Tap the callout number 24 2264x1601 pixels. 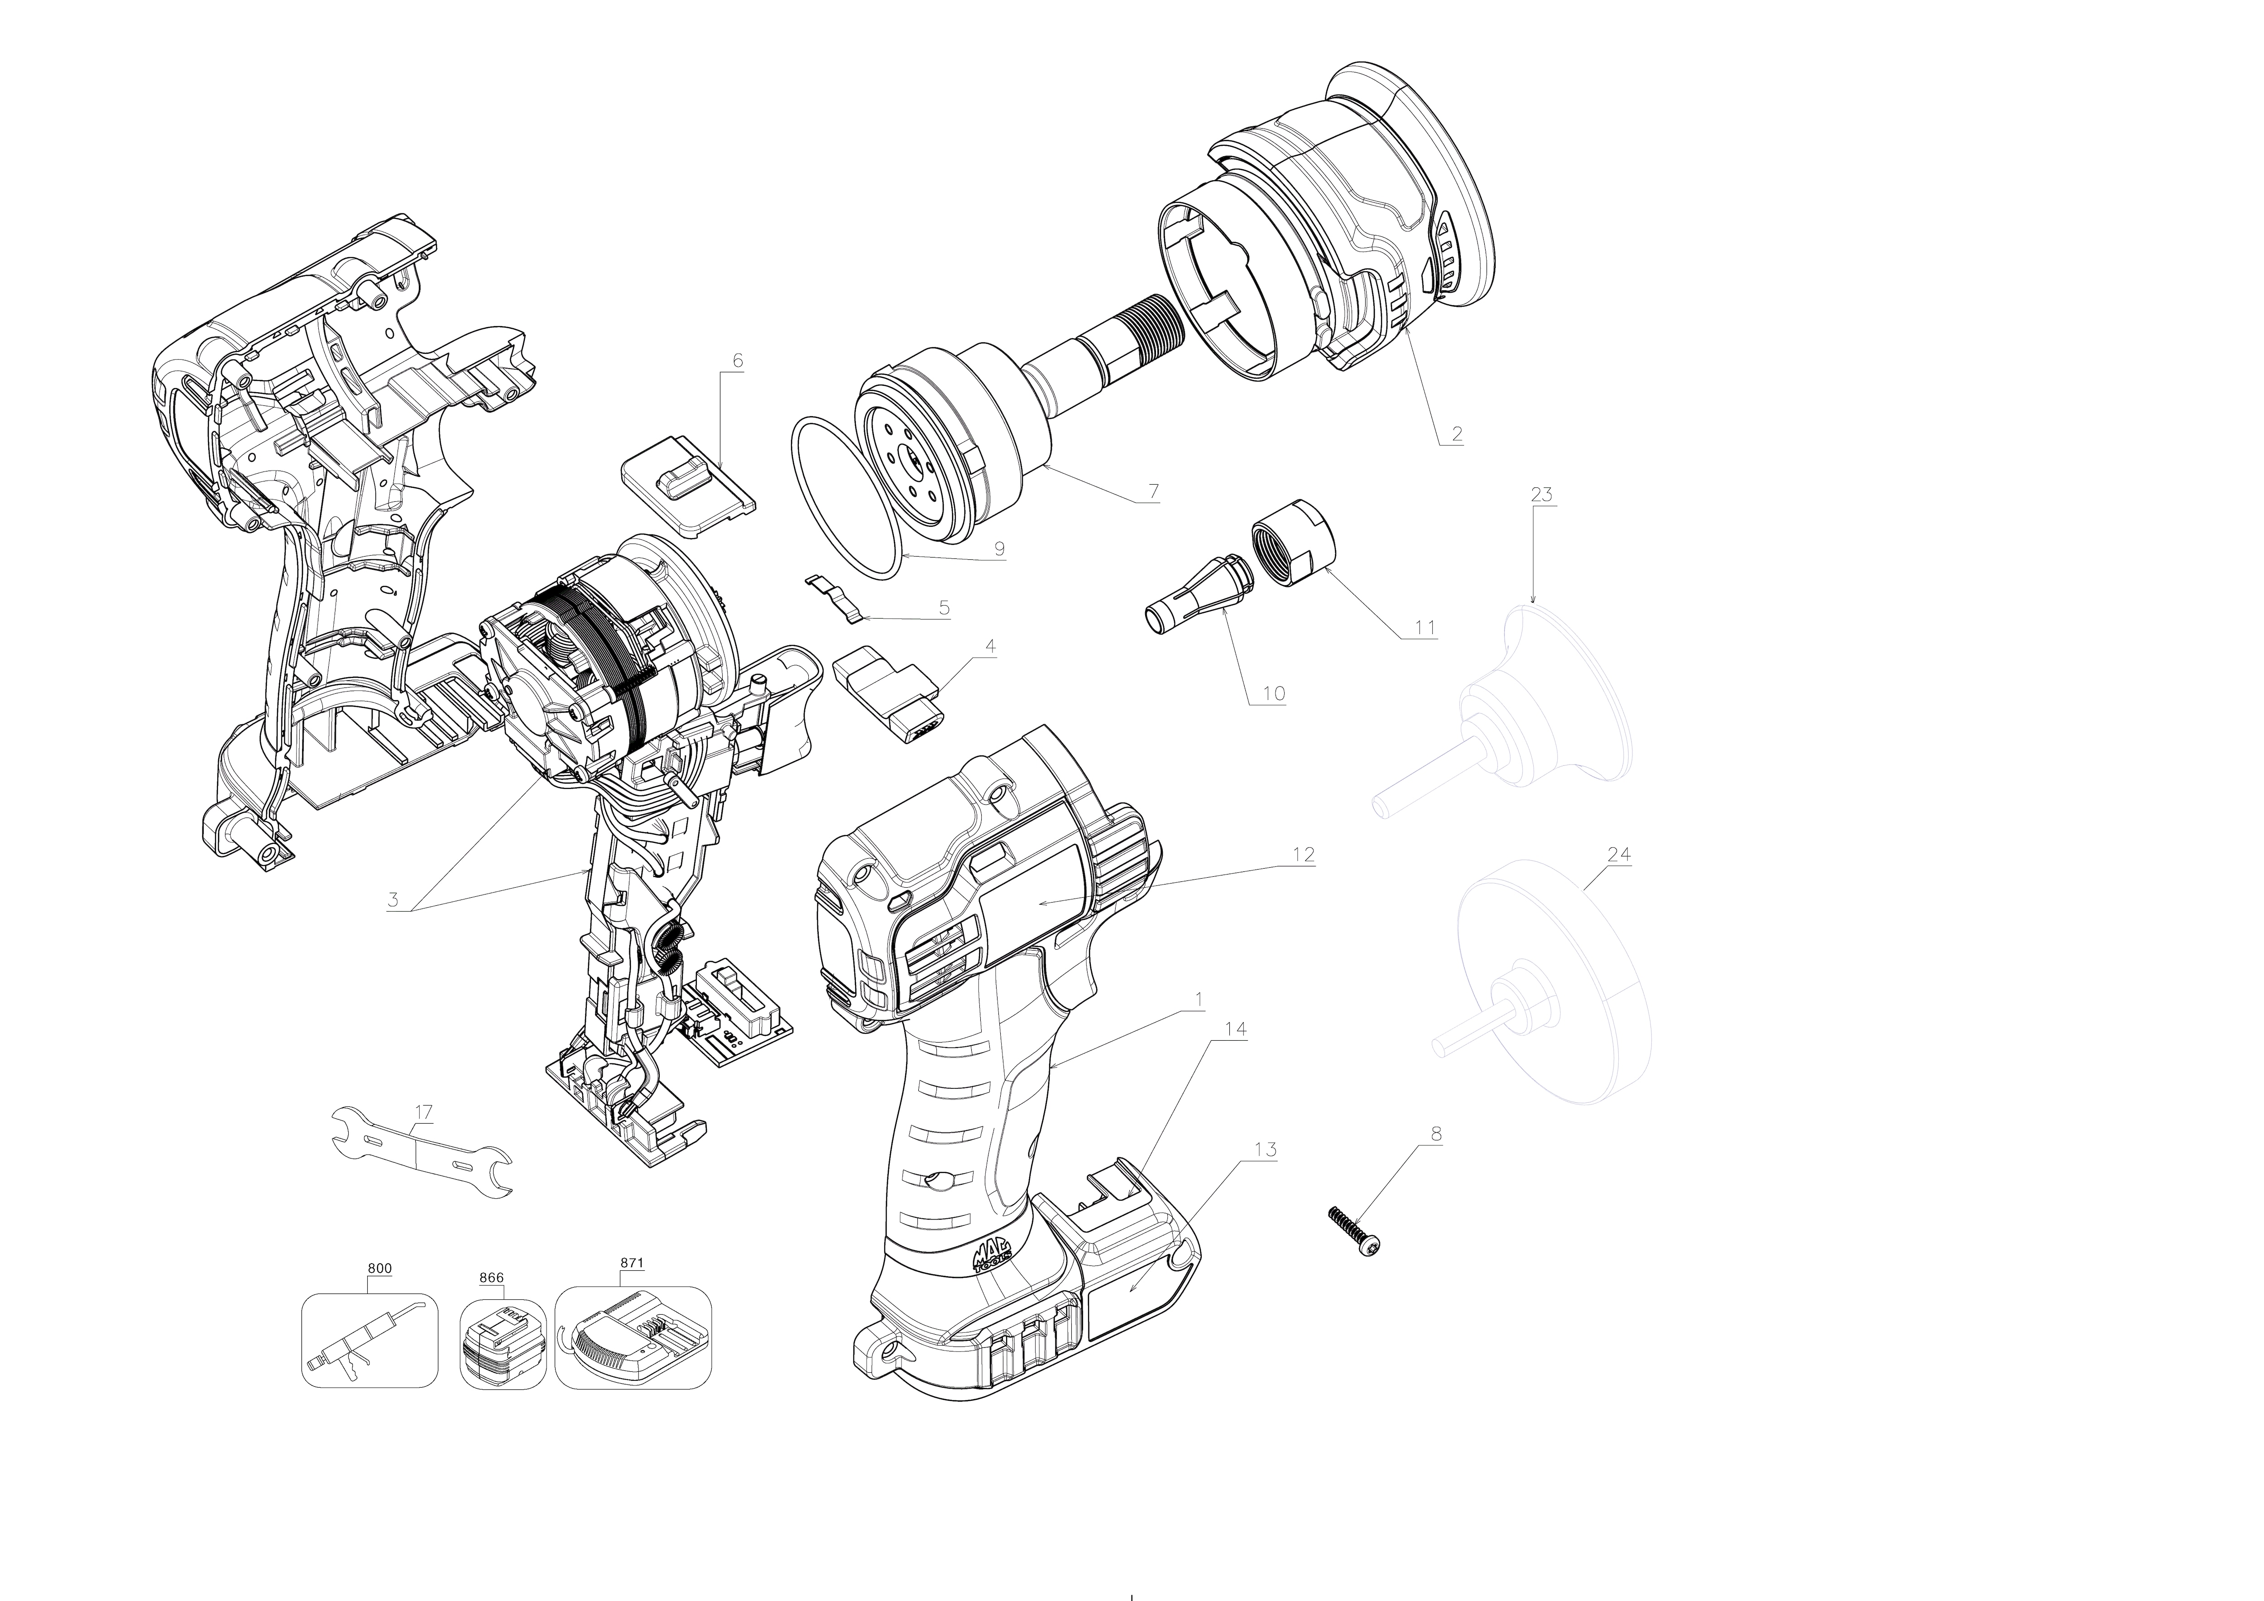(1619, 854)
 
